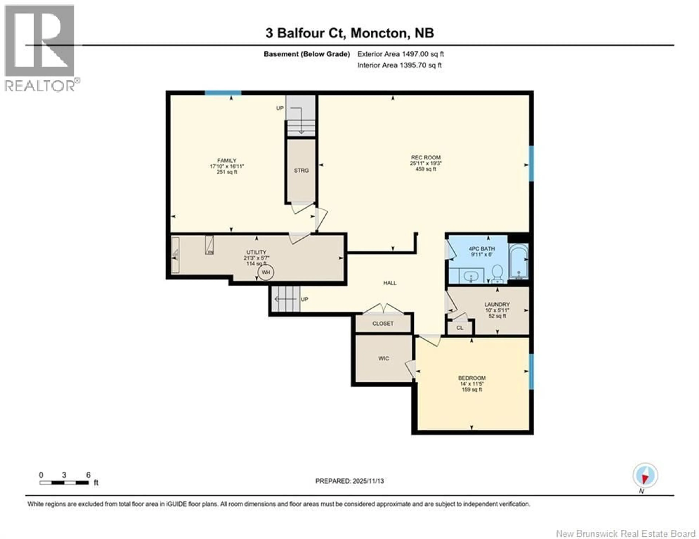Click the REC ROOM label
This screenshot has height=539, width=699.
(425, 157)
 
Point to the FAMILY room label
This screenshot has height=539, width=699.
(227, 161)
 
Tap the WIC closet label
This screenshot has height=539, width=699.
(383, 358)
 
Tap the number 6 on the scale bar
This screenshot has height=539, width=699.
(88, 475)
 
